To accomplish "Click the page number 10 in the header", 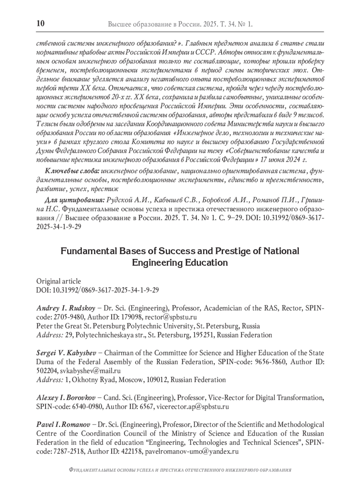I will [x=40, y=23].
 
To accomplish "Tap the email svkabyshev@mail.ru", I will [x=90, y=371].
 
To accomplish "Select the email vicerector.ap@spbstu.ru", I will [x=193, y=407].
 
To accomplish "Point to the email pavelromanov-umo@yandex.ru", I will [x=192, y=451].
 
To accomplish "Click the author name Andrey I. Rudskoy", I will [x=66, y=308].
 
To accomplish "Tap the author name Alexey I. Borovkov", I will [x=66, y=398].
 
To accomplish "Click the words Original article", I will [x=58, y=281].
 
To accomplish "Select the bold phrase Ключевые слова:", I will [x=72, y=171].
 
